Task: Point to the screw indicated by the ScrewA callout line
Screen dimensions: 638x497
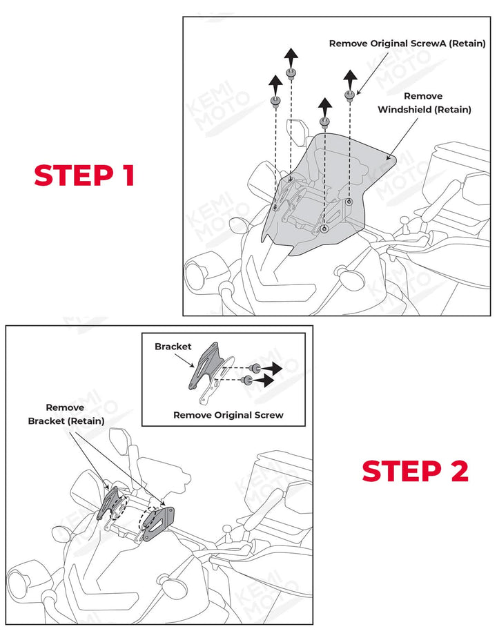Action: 350,94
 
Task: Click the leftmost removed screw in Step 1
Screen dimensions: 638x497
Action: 275,102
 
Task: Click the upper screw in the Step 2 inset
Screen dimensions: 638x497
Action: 255,367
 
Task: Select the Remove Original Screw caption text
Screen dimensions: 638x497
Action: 228,415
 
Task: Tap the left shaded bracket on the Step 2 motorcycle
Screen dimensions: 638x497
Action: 111,502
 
